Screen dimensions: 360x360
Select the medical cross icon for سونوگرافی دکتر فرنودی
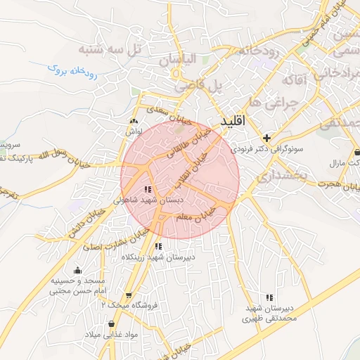pyautogui.click(x=266, y=138)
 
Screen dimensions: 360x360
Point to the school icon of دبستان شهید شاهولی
pyautogui.click(x=147, y=189)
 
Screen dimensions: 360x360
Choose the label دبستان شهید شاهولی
pyautogui.click(x=148, y=200)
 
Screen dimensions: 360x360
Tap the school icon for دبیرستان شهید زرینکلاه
pyautogui.click(x=158, y=246)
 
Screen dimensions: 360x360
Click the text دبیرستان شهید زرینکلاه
pyautogui.click(x=158, y=257)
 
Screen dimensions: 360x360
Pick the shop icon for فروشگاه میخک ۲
pyautogui.click(x=128, y=295)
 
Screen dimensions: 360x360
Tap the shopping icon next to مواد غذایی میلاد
pyautogui.click(x=111, y=323)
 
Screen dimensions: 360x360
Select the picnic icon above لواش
pyautogui.click(x=134, y=121)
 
